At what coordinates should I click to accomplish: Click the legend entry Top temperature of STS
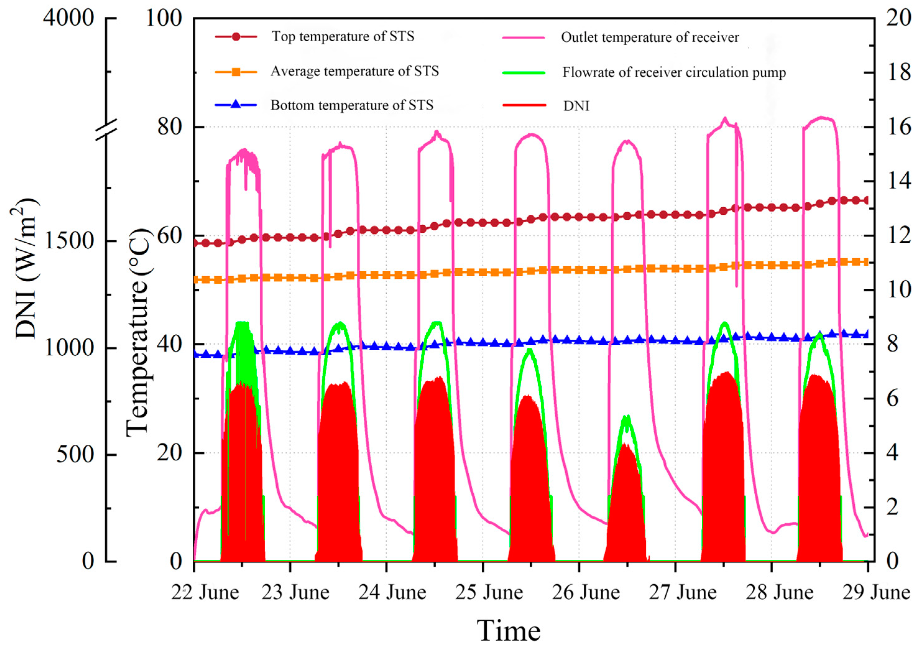[x=343, y=37]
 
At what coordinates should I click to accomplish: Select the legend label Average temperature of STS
[x=355, y=71]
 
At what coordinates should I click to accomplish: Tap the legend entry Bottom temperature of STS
[x=352, y=105]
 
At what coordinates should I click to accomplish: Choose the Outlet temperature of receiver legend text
[x=650, y=37]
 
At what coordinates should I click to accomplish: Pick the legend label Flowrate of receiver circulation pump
[x=674, y=72]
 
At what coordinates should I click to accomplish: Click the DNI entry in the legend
[x=576, y=106]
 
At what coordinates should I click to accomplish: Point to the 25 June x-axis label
[x=489, y=593]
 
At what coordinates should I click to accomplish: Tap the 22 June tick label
[x=205, y=593]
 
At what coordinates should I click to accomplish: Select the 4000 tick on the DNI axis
[x=68, y=18]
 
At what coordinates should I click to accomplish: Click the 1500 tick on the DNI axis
[x=68, y=241]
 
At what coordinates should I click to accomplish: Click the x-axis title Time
[x=509, y=631]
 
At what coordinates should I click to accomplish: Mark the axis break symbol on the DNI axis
[x=107, y=130]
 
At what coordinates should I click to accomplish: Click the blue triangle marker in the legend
[x=236, y=105]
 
